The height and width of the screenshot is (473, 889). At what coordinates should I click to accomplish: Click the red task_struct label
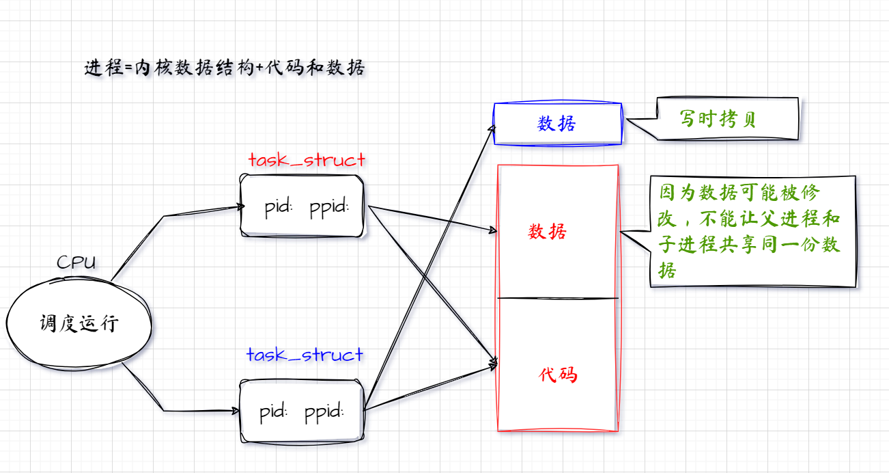pos(307,161)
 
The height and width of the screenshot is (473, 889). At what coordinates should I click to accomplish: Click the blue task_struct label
pos(305,355)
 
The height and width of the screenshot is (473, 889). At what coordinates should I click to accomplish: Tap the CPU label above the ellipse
pos(76,262)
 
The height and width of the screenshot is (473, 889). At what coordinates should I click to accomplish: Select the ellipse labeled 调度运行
pos(79,323)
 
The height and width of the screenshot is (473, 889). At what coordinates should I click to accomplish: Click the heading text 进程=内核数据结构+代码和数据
pos(225,68)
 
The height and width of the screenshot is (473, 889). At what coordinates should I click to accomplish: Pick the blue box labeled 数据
pos(557,124)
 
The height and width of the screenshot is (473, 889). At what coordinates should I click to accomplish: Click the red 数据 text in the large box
pos(548,232)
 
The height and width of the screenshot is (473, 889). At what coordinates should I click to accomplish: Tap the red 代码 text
pos(558,375)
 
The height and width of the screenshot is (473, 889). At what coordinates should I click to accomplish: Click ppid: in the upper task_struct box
pos(329,207)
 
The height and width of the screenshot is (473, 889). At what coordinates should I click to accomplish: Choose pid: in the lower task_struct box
pos(274,412)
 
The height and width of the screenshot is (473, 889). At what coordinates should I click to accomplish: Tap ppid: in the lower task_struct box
pos(324,412)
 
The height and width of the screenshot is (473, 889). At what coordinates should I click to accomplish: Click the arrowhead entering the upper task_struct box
pos(240,206)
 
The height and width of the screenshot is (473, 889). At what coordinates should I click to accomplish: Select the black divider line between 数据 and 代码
pos(558,298)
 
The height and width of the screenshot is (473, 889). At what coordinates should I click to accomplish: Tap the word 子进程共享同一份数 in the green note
pos(749,245)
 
